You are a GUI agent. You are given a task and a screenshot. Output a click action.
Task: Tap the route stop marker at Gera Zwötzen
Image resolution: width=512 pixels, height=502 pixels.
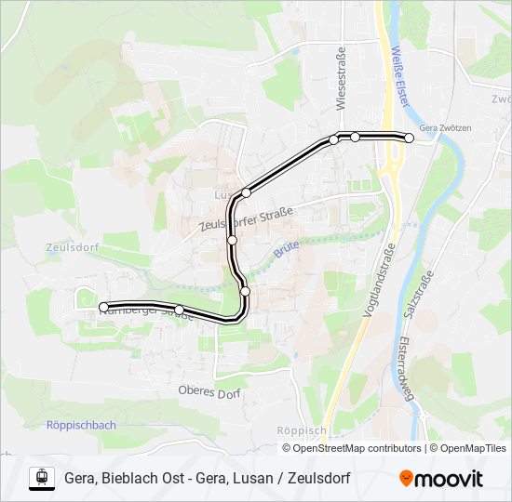(x=409, y=139)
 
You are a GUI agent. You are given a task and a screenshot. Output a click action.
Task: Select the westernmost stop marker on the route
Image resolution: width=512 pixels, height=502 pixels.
(x=103, y=307)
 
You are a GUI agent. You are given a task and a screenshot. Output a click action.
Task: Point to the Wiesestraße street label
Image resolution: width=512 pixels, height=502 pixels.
(x=341, y=79)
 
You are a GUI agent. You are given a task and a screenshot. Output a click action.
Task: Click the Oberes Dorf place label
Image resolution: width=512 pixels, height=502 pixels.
(x=209, y=392)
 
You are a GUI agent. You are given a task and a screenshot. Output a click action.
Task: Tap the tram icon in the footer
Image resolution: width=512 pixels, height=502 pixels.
(x=41, y=478)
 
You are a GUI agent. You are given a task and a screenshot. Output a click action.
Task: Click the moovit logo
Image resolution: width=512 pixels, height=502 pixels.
(x=441, y=479)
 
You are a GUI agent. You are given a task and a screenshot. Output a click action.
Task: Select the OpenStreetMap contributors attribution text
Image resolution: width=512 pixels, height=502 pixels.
(x=352, y=448)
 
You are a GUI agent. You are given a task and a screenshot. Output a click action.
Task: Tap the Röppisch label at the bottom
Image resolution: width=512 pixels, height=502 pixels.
(x=301, y=430)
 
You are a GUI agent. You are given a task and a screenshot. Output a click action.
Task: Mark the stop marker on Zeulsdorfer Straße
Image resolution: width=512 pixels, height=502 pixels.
(x=232, y=240)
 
